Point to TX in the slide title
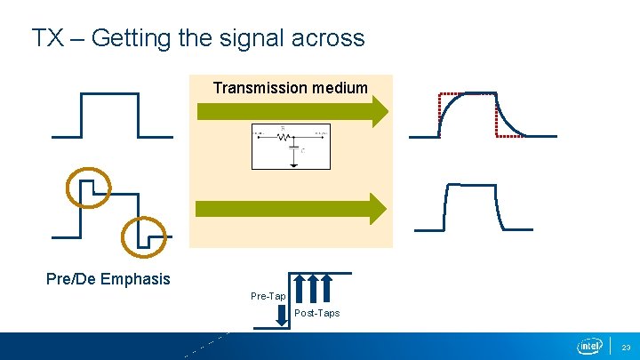click(x=46, y=38)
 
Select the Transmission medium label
click(x=290, y=87)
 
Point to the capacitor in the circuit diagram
click(x=292, y=149)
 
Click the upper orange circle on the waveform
click(x=89, y=186)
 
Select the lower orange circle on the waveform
click(x=143, y=235)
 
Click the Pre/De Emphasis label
click(x=108, y=279)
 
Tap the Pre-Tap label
click(x=268, y=295)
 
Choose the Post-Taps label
click(x=316, y=313)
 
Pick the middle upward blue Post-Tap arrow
click(x=312, y=288)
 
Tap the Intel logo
click(x=589, y=345)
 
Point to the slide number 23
click(x=626, y=347)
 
